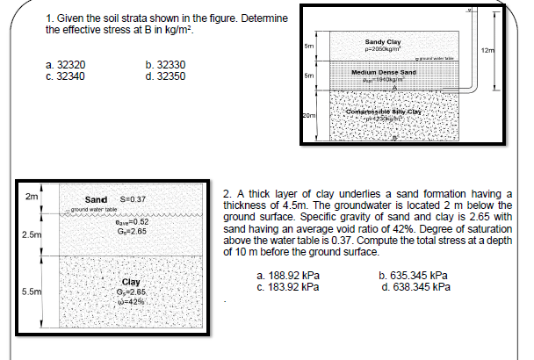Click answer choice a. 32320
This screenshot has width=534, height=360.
pos(66,65)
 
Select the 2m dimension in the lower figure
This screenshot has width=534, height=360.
pos(32,198)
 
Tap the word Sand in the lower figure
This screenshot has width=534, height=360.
pos(97,200)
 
